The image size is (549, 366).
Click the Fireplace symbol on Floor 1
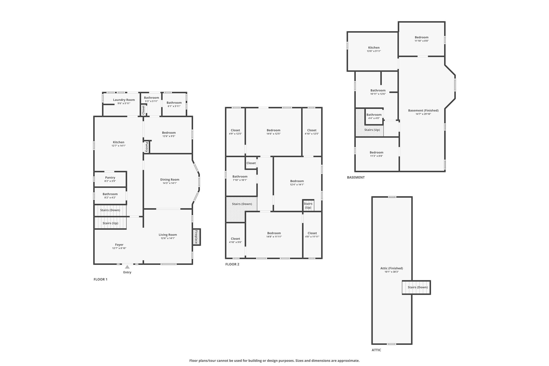click(x=196, y=237)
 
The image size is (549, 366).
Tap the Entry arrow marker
click(x=127, y=267)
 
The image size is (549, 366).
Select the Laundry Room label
click(x=124, y=100)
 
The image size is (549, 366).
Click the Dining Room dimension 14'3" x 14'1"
click(x=170, y=183)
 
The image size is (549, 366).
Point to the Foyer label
click(x=119, y=245)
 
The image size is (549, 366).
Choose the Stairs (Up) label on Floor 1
click(x=110, y=223)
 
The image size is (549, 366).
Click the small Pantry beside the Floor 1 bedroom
click(x=147, y=147)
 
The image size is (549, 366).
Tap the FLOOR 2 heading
click(x=232, y=264)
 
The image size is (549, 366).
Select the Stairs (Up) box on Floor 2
click(x=308, y=205)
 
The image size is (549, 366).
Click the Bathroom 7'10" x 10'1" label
click(x=240, y=178)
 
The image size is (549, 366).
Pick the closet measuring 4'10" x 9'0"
click(x=235, y=240)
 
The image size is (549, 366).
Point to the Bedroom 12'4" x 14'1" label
click(x=297, y=183)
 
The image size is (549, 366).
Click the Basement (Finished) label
click(x=423, y=110)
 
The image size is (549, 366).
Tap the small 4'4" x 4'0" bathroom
click(x=374, y=116)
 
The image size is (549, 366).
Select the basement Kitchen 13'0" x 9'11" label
click(x=374, y=49)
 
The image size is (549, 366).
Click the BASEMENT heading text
click(x=356, y=177)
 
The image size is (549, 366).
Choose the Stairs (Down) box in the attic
click(x=416, y=287)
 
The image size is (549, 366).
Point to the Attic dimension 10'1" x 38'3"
click(x=392, y=272)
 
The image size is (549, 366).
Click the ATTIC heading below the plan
click(x=376, y=350)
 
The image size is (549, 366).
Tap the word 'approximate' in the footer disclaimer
click(x=349, y=361)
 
